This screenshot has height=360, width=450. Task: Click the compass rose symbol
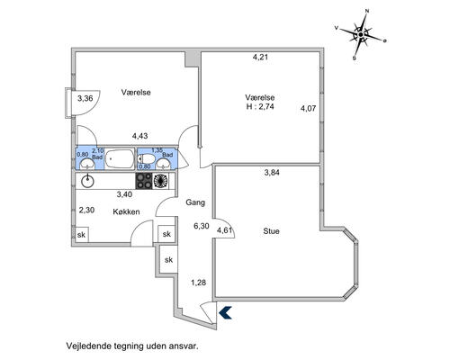click(360, 35)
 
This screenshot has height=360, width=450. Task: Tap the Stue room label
click(271, 231)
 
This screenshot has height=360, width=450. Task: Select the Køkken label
click(126, 211)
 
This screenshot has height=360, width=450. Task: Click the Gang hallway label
click(195, 202)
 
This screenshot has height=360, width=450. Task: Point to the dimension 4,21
click(260, 57)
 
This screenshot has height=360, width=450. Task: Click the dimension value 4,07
click(308, 108)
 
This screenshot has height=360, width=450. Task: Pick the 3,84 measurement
click(272, 173)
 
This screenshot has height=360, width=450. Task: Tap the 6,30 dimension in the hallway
click(202, 226)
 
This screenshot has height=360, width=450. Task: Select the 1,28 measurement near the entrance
click(198, 283)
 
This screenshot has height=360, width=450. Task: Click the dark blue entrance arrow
click(225, 312)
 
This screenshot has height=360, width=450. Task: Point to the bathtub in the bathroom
click(120, 158)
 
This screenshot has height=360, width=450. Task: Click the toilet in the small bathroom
click(146, 158)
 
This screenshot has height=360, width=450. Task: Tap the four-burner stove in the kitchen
click(144, 181)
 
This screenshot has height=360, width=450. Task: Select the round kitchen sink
click(87, 182)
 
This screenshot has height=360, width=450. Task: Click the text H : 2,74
click(260, 106)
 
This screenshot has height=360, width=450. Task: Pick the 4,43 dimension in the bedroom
click(139, 136)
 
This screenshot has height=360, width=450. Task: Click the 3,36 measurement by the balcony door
click(85, 98)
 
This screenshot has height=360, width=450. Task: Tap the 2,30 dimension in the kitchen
click(86, 210)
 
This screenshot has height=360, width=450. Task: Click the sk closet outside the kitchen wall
click(168, 259)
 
